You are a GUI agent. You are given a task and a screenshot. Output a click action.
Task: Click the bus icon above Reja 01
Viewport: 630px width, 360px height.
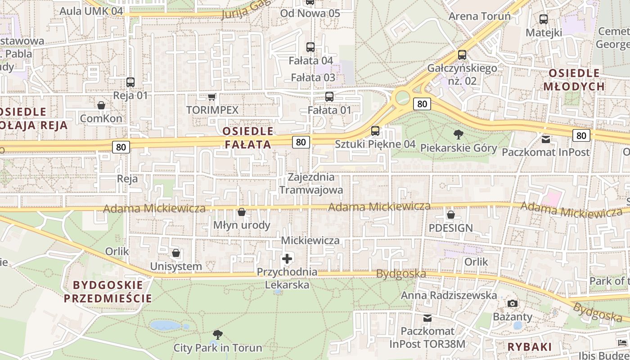click(x=130, y=82)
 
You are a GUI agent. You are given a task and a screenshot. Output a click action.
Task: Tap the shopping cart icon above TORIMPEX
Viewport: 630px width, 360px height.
click(x=211, y=97)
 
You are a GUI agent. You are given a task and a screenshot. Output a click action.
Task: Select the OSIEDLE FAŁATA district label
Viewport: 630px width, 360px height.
click(x=248, y=138)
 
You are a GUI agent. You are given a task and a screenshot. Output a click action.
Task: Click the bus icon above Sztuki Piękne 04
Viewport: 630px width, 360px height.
click(x=375, y=131)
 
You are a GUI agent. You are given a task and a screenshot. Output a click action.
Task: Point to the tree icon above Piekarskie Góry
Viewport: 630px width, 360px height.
click(x=459, y=134)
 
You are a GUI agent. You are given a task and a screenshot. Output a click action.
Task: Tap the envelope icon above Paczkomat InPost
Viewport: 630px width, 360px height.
click(x=546, y=139)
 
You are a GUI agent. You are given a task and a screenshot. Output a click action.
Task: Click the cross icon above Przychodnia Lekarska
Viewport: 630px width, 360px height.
click(x=287, y=259)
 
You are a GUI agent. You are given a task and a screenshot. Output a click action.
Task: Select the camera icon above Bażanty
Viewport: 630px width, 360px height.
click(x=513, y=304)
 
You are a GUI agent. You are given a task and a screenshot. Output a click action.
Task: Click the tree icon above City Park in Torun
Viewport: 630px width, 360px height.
click(x=218, y=335)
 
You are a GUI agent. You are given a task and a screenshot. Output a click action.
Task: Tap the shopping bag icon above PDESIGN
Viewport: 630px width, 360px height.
click(x=450, y=215)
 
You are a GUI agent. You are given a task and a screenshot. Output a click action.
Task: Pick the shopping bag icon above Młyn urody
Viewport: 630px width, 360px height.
click(x=242, y=212)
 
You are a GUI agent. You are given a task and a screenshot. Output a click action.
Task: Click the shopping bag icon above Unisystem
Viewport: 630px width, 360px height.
click(x=176, y=253)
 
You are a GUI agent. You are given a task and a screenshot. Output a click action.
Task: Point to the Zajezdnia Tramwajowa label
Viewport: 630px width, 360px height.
click(x=311, y=183)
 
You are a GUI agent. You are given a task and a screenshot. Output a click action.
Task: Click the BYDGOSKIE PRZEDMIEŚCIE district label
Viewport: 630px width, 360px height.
click(x=108, y=292)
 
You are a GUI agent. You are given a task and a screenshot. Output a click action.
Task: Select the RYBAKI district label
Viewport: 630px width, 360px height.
click(x=529, y=347)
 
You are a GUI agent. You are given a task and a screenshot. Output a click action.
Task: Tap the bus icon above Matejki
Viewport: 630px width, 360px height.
click(x=544, y=19)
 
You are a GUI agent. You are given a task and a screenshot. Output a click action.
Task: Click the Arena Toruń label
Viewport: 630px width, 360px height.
click(x=480, y=17)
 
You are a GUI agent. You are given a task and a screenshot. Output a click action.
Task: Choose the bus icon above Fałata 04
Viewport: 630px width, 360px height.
click(x=310, y=47)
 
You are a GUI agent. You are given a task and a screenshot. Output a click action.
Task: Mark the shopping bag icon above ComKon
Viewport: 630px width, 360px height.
click(x=101, y=105)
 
